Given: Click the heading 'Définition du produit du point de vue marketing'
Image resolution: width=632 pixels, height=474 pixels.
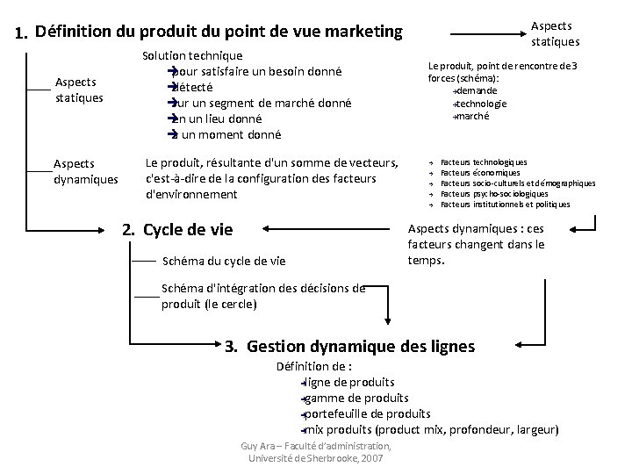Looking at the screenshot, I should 219,32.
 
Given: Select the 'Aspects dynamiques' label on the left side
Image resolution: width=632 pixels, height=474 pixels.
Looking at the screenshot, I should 85,171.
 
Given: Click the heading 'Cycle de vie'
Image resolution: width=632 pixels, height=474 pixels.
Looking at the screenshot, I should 188,230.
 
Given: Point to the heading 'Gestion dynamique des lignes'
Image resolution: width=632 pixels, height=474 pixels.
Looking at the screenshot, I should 361,346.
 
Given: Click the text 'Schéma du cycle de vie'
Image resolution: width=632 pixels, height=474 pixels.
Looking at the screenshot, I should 224,260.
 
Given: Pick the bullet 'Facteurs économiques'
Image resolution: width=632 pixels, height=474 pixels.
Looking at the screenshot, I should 478,173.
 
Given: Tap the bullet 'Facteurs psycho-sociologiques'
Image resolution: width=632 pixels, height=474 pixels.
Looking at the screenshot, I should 494,194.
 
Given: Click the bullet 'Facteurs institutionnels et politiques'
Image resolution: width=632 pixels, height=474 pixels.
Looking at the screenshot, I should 505,205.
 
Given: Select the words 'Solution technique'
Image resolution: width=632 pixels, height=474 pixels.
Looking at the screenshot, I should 192,55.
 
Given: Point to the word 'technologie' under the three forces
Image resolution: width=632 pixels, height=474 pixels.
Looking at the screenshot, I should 481,103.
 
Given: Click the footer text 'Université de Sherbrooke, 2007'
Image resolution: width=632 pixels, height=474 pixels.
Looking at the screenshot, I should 316,459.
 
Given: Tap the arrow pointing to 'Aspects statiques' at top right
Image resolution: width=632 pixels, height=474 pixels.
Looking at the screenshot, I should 483,35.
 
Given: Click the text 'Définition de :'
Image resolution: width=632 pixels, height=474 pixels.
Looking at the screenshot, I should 314,366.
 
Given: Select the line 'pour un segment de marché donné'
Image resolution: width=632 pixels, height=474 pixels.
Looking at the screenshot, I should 261,103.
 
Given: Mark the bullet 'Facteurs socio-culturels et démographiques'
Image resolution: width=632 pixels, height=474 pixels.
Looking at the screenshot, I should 518,183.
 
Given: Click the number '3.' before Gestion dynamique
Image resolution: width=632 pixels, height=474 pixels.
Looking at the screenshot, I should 232,346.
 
